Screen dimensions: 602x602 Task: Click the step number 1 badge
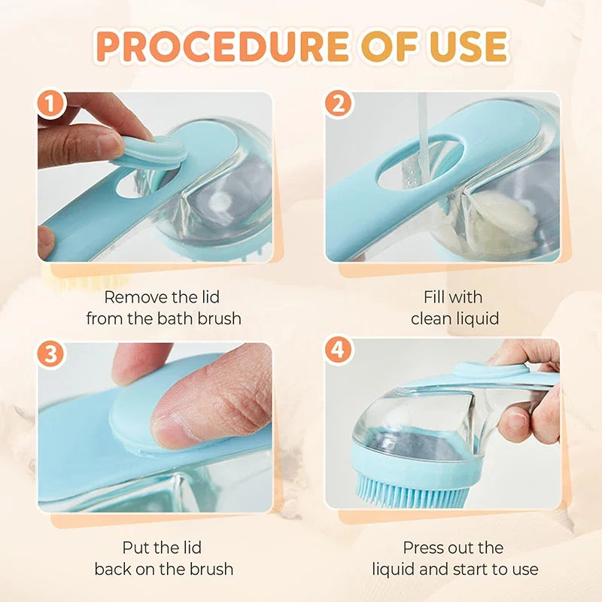[51, 105]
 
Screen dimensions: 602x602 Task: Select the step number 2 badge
[339, 105]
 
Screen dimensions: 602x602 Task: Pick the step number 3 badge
[51, 354]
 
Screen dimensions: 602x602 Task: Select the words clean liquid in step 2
[455, 318]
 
